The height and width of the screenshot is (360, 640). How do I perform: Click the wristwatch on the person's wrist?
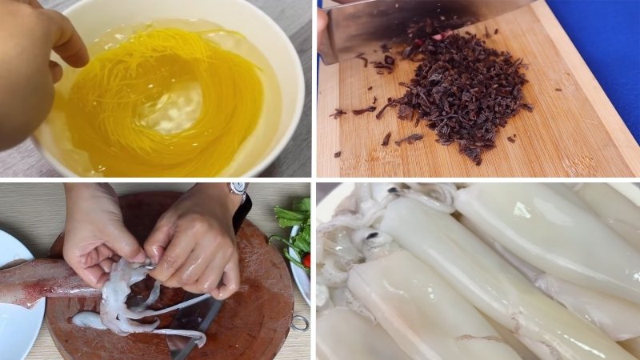point(238,189)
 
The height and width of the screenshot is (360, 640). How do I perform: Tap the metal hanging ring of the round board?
point(300,322)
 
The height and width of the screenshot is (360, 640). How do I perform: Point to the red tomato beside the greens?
point(306,260)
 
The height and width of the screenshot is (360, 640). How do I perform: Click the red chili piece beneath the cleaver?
point(438,37)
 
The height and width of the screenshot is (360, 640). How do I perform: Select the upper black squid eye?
point(394,192)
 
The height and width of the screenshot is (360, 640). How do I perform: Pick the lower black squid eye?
point(373,236)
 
